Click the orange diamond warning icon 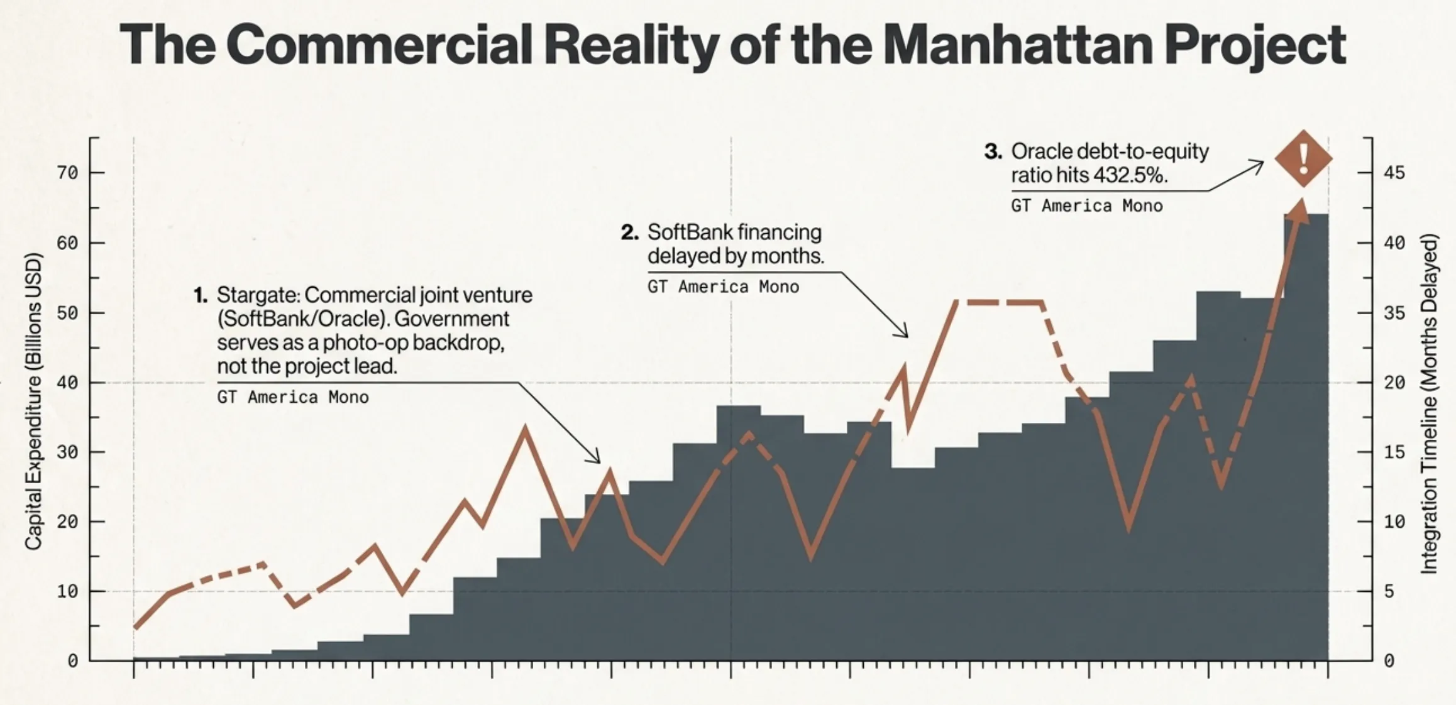click(x=1303, y=158)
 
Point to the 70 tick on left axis click(x=68, y=173)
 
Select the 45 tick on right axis click(x=1394, y=173)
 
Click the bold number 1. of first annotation click(x=201, y=295)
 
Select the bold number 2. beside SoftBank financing click(x=629, y=232)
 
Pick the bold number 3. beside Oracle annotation click(x=993, y=151)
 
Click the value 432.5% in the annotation click(x=1130, y=175)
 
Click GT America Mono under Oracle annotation click(x=1086, y=206)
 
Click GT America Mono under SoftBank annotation click(x=723, y=287)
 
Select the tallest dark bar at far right click(x=1306, y=440)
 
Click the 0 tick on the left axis click(x=73, y=661)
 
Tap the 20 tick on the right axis click(x=1394, y=383)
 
